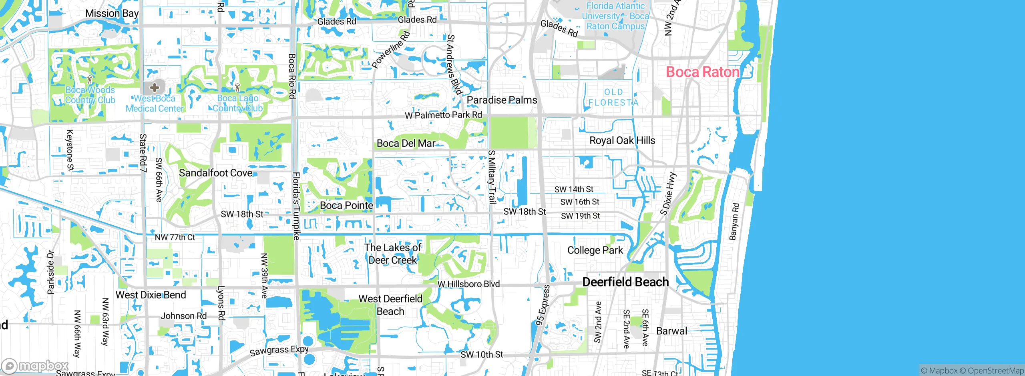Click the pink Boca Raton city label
pos(702,72)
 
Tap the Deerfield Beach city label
pos(625,282)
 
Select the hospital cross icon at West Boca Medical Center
pos(155,87)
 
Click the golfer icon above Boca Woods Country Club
pos(90,79)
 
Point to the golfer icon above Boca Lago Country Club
pos(237,87)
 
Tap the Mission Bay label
pos(112,13)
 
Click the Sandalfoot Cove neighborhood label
pos(215,173)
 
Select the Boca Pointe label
pos(346,205)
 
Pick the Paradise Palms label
pos(502,100)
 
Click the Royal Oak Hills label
pos(622,140)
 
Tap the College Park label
pos(595,250)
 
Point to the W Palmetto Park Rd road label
pos(443,115)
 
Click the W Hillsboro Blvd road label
pos(468,284)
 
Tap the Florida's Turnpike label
pos(296,206)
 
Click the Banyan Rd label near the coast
pos(734,221)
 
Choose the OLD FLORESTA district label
pos(613,98)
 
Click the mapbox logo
pos(35,366)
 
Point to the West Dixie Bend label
pos(151,295)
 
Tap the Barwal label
pos(671,331)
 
